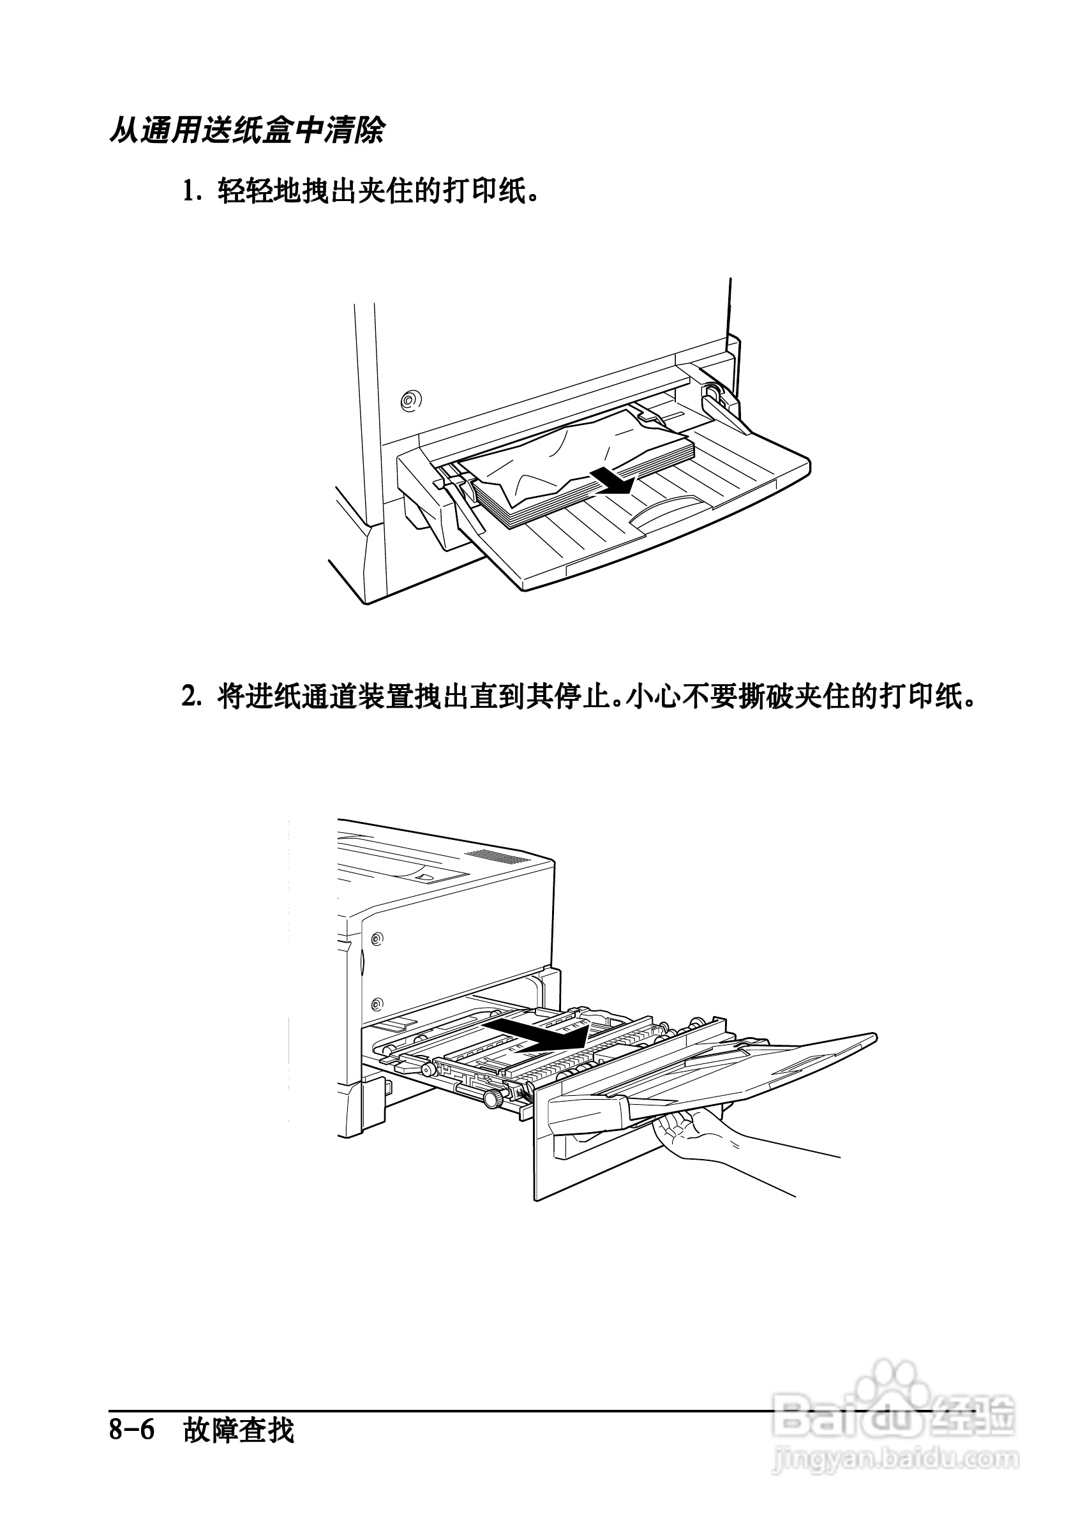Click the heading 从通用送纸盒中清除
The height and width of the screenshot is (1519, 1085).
pos(247,130)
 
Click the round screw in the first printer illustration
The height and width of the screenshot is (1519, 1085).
pos(410,400)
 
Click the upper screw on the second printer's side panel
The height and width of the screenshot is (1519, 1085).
pos(377,938)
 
